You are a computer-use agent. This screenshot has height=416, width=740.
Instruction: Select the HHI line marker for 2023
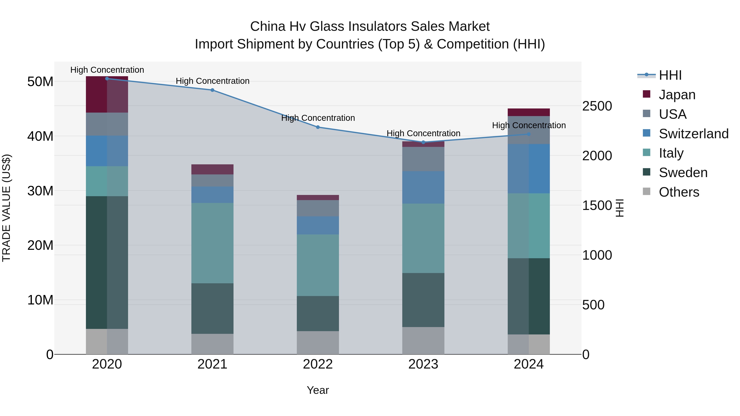(x=423, y=142)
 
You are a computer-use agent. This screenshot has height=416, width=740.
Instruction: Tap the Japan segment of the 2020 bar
(x=107, y=95)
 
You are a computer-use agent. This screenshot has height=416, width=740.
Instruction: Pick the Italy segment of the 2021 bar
(x=212, y=243)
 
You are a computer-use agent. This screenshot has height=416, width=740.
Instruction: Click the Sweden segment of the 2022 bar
(x=318, y=313)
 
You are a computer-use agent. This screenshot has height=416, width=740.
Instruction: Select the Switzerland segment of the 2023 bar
(x=423, y=188)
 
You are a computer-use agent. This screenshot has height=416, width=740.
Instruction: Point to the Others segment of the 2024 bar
(x=528, y=344)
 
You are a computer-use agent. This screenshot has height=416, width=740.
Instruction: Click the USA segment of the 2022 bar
(x=318, y=208)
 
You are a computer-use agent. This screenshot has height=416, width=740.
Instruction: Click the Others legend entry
(x=679, y=192)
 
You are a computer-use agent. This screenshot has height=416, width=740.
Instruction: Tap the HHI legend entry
(x=670, y=75)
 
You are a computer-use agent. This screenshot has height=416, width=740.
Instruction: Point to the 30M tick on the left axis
(x=40, y=191)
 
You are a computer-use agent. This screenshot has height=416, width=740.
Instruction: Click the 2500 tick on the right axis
(x=597, y=106)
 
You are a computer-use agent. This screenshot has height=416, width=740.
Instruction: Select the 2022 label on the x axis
(x=318, y=364)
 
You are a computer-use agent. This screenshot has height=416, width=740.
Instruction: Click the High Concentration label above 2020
(x=107, y=70)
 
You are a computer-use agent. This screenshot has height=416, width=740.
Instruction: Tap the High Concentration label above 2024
(x=528, y=126)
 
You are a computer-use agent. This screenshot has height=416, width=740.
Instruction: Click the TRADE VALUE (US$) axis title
(x=6, y=208)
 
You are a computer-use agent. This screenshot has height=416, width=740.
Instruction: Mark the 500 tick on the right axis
(x=593, y=305)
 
